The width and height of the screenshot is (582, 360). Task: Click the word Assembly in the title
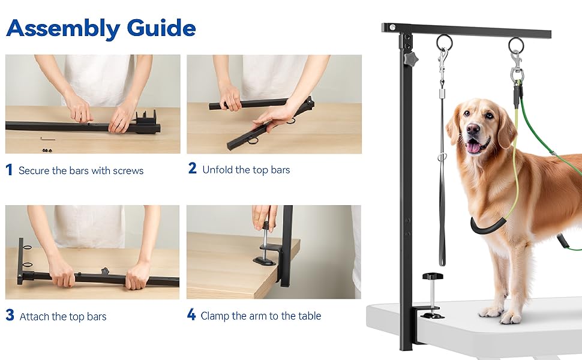[63, 28]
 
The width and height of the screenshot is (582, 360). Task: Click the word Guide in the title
[161, 28]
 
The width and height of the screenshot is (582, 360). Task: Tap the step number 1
[9, 170]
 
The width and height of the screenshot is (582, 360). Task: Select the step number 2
[192, 169]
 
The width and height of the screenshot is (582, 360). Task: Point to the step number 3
[10, 316]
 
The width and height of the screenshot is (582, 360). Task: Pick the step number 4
[191, 315]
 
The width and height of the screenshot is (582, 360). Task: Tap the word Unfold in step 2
[217, 170]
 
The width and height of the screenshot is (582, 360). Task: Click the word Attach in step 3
[34, 316]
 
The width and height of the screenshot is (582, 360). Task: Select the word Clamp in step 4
[214, 316]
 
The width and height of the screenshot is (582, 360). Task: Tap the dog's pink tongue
[474, 147]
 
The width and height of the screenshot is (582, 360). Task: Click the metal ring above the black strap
[444, 42]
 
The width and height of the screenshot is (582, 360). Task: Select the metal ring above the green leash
[516, 44]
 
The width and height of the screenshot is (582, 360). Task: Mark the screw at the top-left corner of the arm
[392, 28]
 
